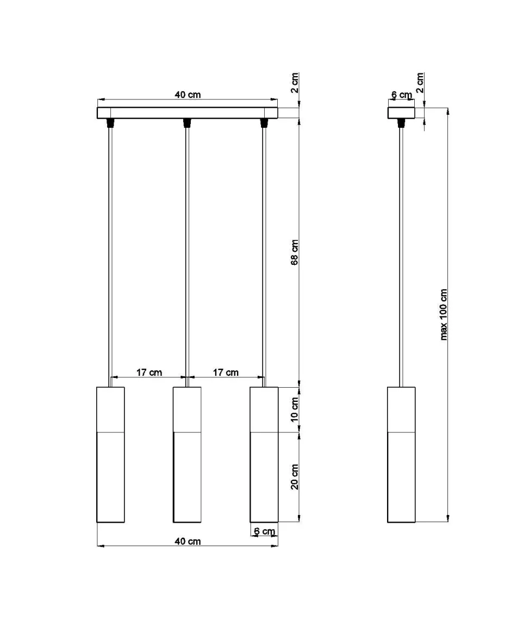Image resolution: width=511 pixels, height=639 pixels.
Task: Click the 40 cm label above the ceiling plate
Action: (188, 95)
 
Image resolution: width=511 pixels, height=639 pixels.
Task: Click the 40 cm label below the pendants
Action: (188, 541)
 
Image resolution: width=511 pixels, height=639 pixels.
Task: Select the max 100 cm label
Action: (444, 314)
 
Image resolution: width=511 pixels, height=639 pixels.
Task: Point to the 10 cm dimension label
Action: (295, 410)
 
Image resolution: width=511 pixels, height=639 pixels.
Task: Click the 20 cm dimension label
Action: (295, 477)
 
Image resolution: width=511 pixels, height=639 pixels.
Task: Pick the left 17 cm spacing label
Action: (149, 373)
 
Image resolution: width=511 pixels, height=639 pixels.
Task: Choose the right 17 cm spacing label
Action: (225, 373)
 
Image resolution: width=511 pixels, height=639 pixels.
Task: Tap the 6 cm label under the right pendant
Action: (264, 531)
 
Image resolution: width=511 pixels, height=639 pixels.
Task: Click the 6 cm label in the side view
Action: (402, 95)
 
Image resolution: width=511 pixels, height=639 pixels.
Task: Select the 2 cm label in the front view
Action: (295, 83)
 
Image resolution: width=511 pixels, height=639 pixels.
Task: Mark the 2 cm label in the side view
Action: (420, 83)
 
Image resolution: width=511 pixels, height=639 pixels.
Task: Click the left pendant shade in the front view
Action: (110, 455)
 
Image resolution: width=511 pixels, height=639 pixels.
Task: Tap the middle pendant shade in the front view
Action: (187, 455)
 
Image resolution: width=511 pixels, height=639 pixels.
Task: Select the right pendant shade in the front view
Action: (264, 455)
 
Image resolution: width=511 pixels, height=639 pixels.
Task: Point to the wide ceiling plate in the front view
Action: (188, 113)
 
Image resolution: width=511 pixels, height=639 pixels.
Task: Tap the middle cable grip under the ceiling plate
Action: (187, 123)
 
